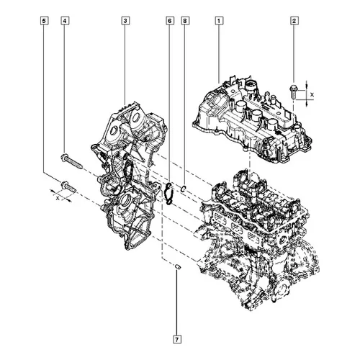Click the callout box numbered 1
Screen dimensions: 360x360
pyautogui.click(x=219, y=21)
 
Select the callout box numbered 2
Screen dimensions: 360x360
pyautogui.click(x=294, y=21)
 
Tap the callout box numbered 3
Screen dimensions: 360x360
pyautogui.click(x=125, y=21)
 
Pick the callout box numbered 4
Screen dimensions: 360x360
pyautogui.click(x=65, y=21)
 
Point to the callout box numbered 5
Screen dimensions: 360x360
pyautogui.click(x=44, y=21)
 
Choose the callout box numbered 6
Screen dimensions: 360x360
pyautogui.click(x=169, y=21)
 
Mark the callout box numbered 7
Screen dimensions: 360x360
pyautogui.click(x=177, y=339)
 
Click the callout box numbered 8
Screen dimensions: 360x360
pyautogui.click(x=185, y=21)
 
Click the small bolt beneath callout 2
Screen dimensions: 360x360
pyautogui.click(x=294, y=91)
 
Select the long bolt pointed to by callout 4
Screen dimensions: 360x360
pyautogui.click(x=71, y=161)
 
